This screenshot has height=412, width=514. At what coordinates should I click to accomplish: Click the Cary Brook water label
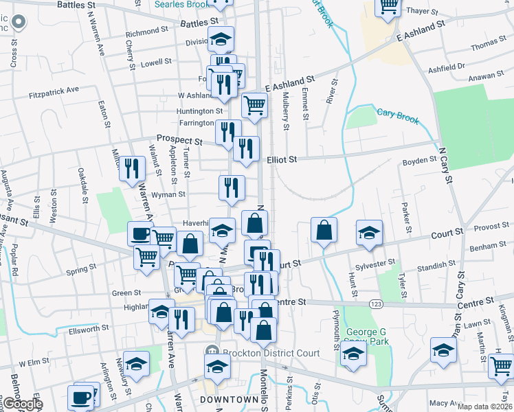pos(397,115)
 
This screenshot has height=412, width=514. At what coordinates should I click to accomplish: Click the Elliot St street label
pos(281,159)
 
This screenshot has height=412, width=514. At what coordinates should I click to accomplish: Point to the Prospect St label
pos(179,140)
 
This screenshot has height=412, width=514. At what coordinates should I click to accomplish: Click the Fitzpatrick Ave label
pos(54,89)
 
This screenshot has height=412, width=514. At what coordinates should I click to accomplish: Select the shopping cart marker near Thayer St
pos(388,6)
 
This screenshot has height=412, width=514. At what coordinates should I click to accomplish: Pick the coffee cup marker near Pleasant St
pos(140,233)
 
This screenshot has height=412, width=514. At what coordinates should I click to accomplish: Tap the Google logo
pos(24,404)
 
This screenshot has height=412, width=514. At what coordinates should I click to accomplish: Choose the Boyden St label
pos(419,161)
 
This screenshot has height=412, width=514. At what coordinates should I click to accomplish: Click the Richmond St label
pos(147,32)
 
